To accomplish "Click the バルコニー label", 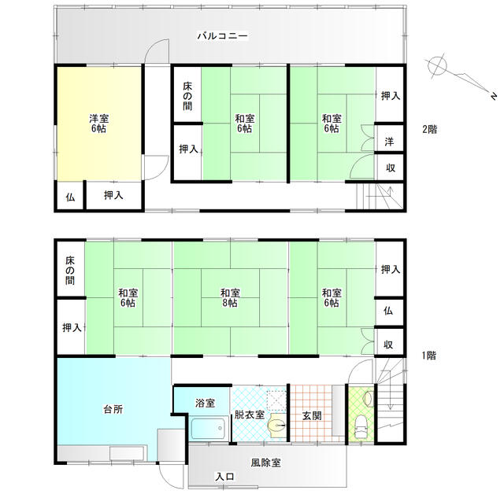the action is tap(222, 35).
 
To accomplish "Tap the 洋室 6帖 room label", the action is tap(99, 124).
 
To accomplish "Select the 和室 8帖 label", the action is tap(230, 298).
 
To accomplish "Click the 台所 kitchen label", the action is tap(113, 409).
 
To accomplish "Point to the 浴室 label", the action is tap(205, 404).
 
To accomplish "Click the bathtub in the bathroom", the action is tap(208, 428).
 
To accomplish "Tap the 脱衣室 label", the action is tap(250, 415).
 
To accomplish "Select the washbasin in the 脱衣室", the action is tap(276, 426).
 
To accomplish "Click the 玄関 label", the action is tap(312, 415).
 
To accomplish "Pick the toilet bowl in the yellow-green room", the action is tap(361, 426).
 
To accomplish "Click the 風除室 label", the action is tap(266, 463).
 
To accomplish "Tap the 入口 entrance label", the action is tap(225, 477).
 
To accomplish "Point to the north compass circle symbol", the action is tap(437, 66).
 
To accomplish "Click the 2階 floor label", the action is tap(430, 129).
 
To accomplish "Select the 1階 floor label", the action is tap(429, 356).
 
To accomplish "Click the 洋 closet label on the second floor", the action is tap(389, 142).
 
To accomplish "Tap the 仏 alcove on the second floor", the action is tap(70, 197).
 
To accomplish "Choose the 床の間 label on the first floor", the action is tap(70, 271).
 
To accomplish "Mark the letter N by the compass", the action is tap(494, 96).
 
